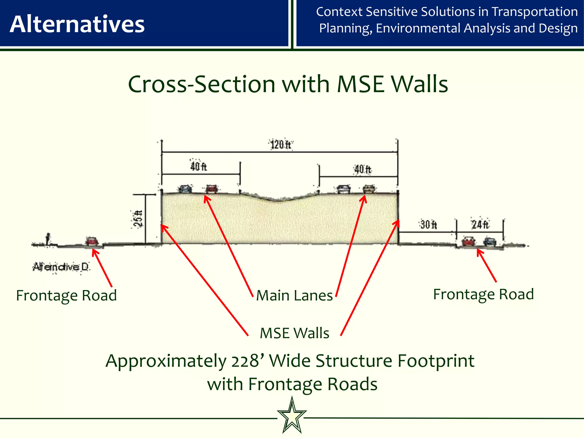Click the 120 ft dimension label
click(x=281, y=145)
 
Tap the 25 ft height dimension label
click(x=138, y=219)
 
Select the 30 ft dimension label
click(x=428, y=225)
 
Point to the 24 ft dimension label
click(x=480, y=225)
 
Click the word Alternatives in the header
click(x=77, y=24)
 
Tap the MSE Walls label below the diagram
click(x=295, y=333)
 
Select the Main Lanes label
click(x=295, y=295)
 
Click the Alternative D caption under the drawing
click(x=61, y=267)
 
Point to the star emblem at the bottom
click(x=292, y=416)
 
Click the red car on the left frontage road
click(x=92, y=241)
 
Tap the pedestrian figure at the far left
click(x=48, y=239)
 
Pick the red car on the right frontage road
click(x=469, y=241)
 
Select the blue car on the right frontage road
click(x=490, y=242)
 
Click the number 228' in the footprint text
click(x=247, y=361)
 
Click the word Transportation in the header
click(x=535, y=12)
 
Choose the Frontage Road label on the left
click(x=66, y=295)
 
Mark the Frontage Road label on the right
click(x=483, y=294)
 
